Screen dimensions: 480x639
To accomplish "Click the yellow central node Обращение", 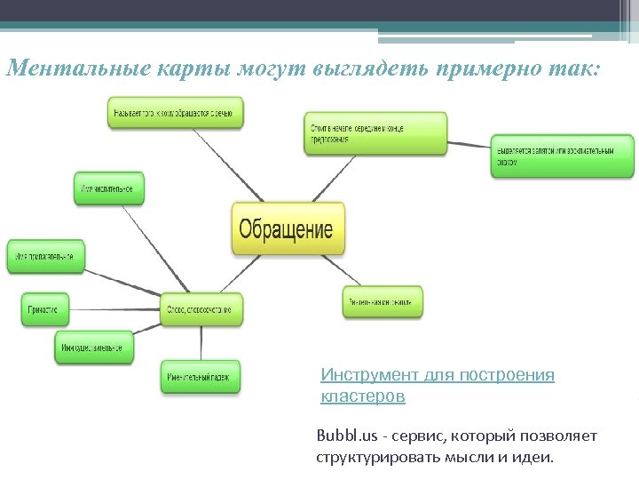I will (x=287, y=229).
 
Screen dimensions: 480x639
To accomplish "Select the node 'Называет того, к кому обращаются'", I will (x=176, y=112).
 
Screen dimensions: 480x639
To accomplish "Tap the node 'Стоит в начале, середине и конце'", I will (x=375, y=133).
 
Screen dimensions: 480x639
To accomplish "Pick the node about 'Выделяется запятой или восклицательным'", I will (x=563, y=156).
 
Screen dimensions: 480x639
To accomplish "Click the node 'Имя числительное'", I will (x=108, y=188).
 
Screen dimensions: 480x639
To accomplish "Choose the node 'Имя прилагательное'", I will (x=46, y=257).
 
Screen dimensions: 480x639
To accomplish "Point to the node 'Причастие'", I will (x=44, y=309).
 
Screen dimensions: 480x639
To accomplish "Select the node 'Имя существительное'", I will (x=94, y=347).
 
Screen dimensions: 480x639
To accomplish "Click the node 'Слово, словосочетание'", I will (x=201, y=309).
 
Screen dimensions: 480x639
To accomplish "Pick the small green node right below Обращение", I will (x=383, y=302).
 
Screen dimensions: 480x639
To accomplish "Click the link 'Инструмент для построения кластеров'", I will (x=437, y=375).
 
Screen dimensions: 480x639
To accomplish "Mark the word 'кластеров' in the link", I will (x=362, y=396).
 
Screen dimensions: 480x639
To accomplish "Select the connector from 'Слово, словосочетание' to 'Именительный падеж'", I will (x=201, y=342).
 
